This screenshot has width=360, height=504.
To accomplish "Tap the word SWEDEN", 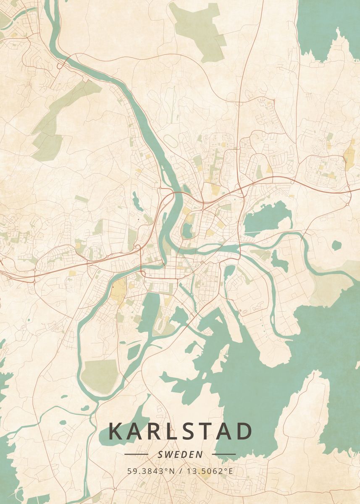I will click(181, 454).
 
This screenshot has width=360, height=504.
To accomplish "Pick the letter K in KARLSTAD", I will click(116, 431).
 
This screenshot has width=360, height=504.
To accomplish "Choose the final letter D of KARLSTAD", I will click(244, 431).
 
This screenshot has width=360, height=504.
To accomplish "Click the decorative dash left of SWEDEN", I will click(137, 454).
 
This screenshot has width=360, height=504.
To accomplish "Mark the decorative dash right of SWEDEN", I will click(224, 454).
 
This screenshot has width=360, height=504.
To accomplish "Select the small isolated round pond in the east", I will click(336, 245).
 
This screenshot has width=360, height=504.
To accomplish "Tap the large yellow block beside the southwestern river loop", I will click(118, 290).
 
